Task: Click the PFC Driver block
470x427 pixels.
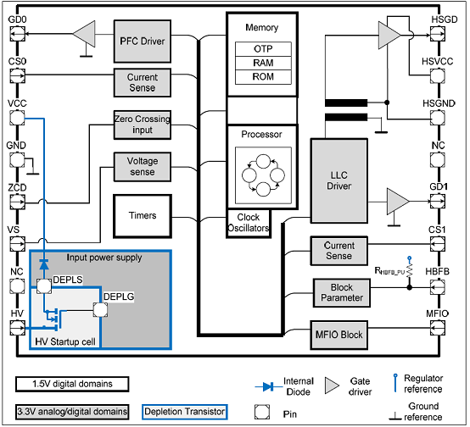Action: point(143,42)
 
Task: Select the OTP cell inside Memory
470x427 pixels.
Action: point(263,49)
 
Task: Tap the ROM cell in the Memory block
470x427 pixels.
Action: point(263,77)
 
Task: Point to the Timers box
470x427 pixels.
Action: point(143,216)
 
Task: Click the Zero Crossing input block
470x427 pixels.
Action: point(143,125)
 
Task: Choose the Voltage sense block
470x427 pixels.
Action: point(143,167)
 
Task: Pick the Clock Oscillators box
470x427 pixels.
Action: point(249,223)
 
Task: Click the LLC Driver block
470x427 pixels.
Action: point(339,180)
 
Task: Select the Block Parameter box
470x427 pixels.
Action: point(342,293)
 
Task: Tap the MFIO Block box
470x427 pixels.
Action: point(339,335)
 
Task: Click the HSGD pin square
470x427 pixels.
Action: point(438,34)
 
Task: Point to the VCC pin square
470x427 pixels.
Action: point(17,118)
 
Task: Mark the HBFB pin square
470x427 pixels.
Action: point(438,287)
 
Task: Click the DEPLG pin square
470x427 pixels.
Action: point(100,310)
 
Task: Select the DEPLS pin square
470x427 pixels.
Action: point(44,286)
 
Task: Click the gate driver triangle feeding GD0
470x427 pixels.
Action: point(84,34)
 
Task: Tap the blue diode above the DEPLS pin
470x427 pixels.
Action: point(44,264)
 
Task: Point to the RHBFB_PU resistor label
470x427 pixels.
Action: point(389,271)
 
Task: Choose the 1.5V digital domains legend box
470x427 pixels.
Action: point(72,384)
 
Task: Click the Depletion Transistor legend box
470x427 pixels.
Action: point(185,412)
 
